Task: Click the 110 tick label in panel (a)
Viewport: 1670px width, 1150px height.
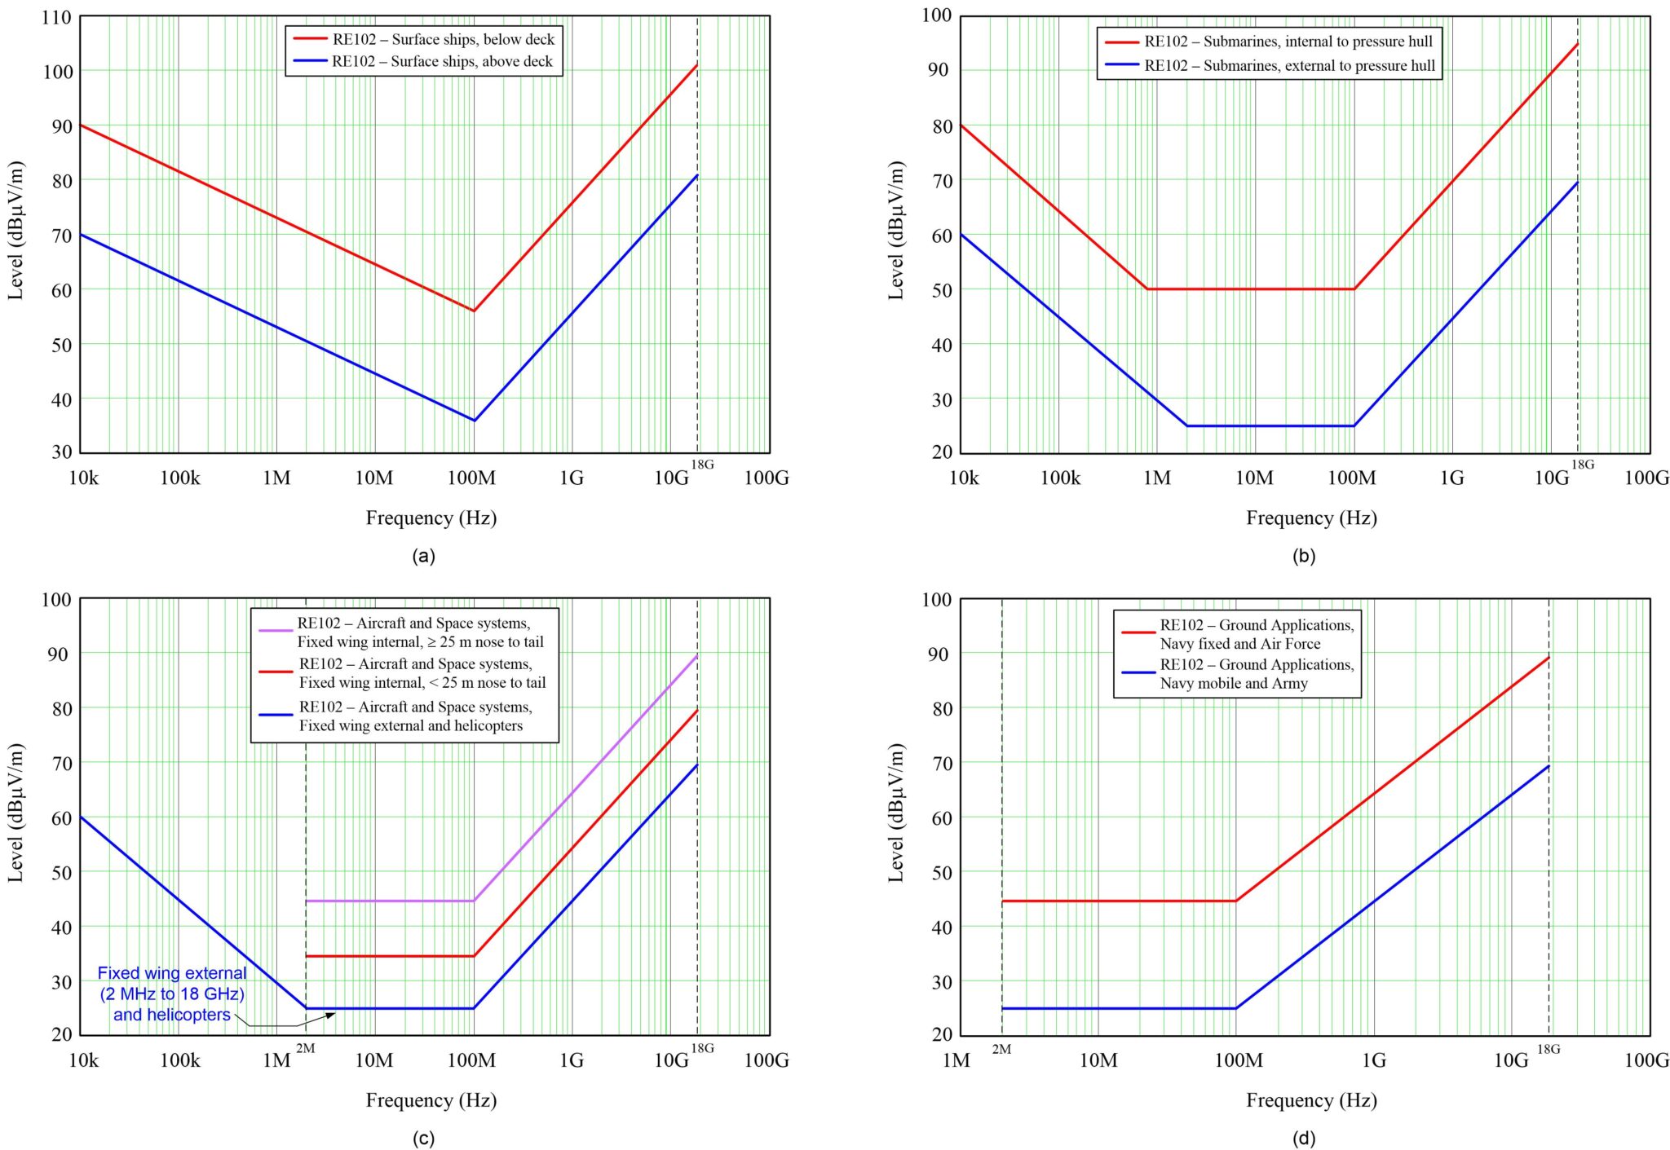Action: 56,17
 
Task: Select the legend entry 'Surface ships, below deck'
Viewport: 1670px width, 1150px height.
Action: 443,39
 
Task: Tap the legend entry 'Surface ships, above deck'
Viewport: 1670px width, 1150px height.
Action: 442,61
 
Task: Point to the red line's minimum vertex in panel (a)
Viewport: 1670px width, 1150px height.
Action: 474,311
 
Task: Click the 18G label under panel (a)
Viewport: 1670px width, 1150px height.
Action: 702,465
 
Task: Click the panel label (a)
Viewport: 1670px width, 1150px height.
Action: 424,556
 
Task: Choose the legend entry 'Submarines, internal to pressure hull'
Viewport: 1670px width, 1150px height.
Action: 1288,42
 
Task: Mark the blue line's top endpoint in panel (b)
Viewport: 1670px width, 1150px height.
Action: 1578,182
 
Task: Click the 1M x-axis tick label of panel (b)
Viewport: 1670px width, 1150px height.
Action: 1156,478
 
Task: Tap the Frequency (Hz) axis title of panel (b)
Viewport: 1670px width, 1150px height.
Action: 1311,518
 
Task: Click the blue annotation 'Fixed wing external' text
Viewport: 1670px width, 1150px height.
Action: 172,973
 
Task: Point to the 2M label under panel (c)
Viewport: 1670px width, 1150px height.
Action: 306,1048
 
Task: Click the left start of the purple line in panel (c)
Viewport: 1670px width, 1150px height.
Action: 307,901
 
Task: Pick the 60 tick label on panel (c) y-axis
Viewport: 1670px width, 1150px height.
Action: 61,818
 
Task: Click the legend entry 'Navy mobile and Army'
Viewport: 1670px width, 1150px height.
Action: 1256,674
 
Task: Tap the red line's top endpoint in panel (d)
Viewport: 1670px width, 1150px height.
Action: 1549,657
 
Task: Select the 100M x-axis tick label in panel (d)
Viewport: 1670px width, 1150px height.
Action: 1238,1060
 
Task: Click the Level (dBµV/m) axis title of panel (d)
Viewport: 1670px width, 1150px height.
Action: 897,813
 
